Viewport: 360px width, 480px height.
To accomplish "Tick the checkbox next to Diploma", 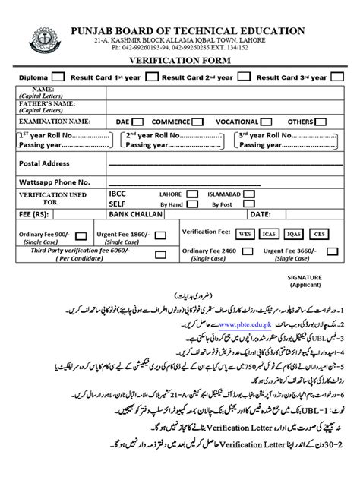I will (x=58, y=77).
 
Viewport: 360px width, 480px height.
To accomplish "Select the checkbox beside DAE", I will (x=137, y=122).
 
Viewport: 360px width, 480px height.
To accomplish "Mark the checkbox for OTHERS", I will (x=324, y=122).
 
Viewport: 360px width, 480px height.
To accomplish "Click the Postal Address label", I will (x=44, y=163).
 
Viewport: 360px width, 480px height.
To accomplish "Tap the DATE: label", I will (x=261, y=216).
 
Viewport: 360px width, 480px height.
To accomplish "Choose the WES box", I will (x=245, y=235).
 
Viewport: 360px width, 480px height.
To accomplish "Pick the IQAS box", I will (x=294, y=235).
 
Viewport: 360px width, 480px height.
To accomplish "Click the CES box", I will (x=319, y=235).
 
